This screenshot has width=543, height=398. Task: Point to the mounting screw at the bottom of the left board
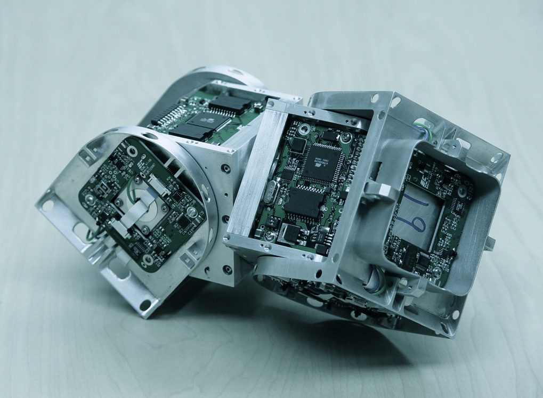click(148, 259)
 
